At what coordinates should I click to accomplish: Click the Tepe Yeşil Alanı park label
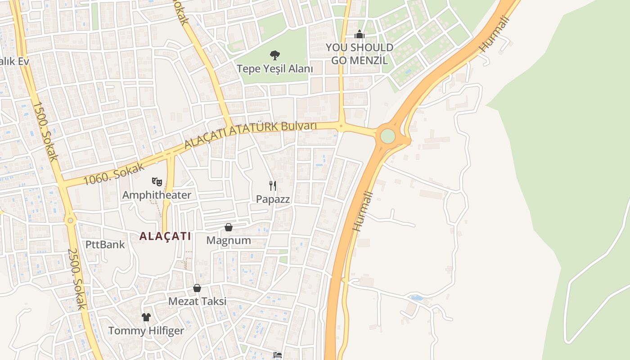pos(274,69)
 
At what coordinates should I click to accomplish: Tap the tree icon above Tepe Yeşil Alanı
pos(274,55)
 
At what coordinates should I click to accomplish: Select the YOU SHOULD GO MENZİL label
pos(359,54)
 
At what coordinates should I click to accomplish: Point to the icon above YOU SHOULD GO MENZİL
pos(359,34)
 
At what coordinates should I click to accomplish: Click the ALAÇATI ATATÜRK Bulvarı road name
pos(251,134)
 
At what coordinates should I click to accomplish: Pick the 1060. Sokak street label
pos(114,174)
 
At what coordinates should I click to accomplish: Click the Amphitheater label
pos(157,195)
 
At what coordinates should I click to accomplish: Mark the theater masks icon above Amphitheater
pos(157,182)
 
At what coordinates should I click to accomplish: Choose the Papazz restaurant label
pos(273,199)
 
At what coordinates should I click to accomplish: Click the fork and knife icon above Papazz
pos(273,186)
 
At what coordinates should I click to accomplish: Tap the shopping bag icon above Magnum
pos(229,227)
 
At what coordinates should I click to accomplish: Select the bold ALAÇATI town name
pos(165,236)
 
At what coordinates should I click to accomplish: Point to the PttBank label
pos(105,245)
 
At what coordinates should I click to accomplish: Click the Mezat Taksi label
pos(197,301)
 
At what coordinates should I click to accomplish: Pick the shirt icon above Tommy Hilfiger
pos(146,317)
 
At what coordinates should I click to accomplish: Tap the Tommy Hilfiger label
pos(146,331)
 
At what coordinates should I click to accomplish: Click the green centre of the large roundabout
pos(387,136)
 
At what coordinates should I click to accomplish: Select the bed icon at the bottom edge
pos(278,355)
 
